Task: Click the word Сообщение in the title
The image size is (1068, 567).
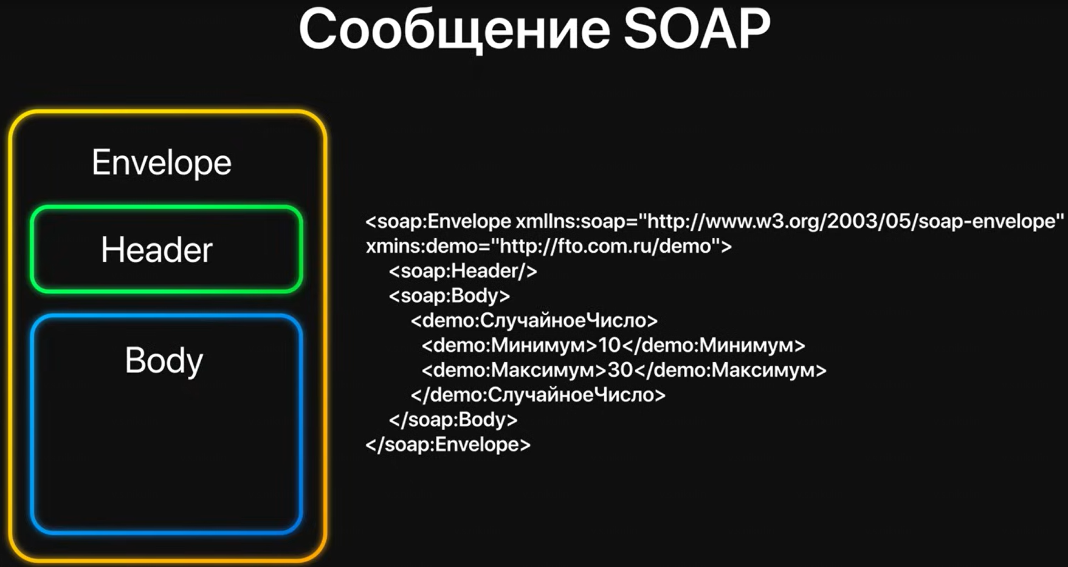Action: click(x=455, y=30)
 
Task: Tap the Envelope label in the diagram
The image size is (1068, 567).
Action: click(x=162, y=163)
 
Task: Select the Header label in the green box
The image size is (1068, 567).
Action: click(x=157, y=250)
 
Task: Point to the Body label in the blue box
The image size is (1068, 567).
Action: click(x=164, y=360)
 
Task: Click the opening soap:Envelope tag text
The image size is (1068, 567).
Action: click(x=438, y=221)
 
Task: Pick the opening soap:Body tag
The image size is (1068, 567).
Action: click(x=449, y=296)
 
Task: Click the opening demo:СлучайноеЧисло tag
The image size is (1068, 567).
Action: click(x=534, y=321)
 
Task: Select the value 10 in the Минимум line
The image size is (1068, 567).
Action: click(x=609, y=346)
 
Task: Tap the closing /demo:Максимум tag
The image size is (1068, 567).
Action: click(x=730, y=370)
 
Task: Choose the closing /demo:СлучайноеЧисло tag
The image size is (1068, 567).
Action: click(x=538, y=395)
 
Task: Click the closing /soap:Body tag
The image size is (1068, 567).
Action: click(x=453, y=420)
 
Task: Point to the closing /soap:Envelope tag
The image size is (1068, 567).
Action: click(x=448, y=445)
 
